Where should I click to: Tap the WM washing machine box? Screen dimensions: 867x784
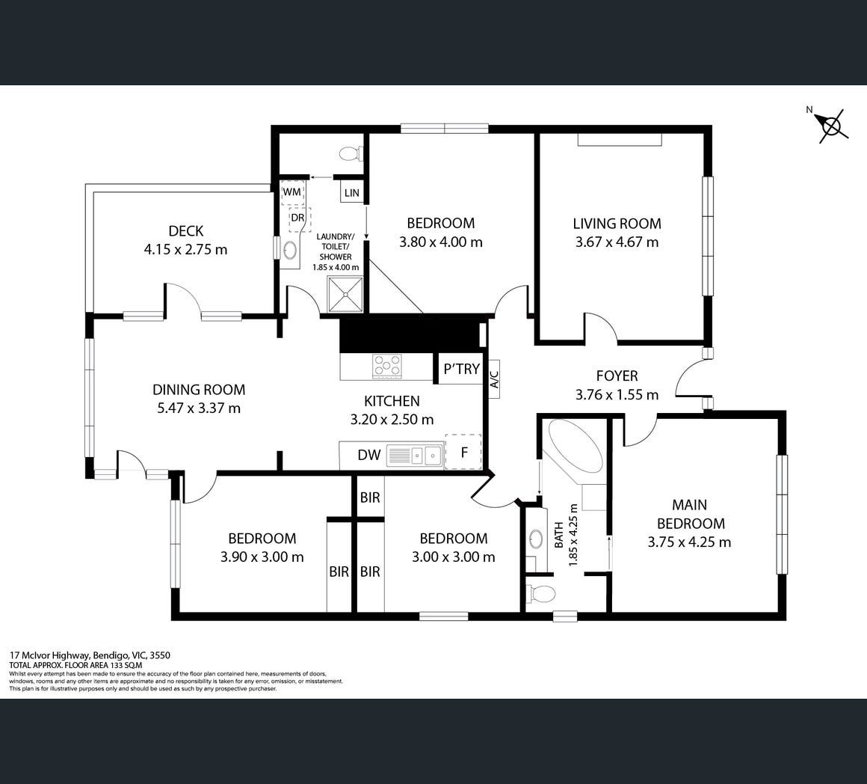292,192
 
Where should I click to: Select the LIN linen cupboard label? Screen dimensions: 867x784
352,193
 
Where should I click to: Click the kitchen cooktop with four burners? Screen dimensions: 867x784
387,366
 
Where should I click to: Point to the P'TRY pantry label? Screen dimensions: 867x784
462,369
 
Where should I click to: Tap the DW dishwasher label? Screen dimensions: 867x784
368,455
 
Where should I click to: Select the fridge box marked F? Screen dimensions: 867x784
463,452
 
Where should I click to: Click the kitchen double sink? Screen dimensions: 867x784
415,456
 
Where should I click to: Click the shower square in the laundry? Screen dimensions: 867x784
345,294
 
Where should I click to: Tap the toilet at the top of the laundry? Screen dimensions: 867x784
351,153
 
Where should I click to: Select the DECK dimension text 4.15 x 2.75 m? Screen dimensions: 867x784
186,250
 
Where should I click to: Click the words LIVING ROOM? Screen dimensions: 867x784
617,224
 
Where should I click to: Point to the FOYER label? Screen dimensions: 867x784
617,376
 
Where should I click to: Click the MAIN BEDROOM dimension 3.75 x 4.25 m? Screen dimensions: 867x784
690,542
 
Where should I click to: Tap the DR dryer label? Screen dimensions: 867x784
297,218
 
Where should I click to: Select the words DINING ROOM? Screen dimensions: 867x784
199,390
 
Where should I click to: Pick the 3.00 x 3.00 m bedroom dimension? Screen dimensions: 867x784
454,557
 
